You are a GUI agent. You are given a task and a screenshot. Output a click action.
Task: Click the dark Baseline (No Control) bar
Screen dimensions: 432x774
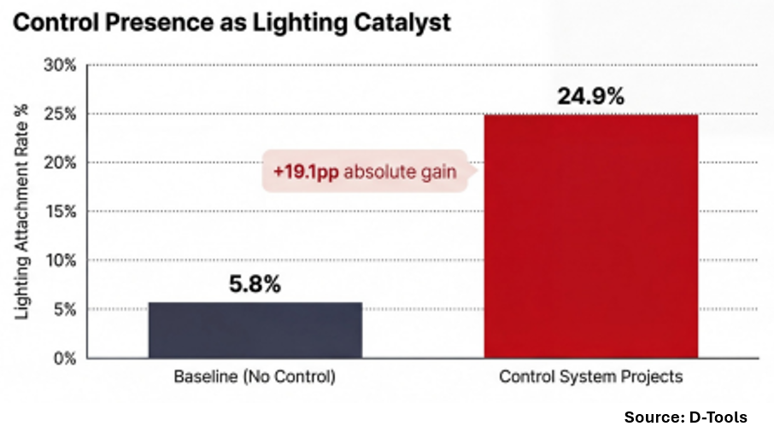tap(255, 330)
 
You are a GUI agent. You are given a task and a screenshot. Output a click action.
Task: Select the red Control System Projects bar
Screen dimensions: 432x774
tap(591, 236)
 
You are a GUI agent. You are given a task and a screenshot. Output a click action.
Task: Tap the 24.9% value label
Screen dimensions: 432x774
tap(591, 96)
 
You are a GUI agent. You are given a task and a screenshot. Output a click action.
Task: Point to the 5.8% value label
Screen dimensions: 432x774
tap(255, 284)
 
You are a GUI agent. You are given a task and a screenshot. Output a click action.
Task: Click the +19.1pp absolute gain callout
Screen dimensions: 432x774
tap(365, 172)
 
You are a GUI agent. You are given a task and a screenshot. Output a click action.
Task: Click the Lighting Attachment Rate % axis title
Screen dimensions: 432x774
tap(23, 212)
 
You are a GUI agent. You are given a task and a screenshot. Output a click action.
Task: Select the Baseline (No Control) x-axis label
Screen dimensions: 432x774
tap(255, 377)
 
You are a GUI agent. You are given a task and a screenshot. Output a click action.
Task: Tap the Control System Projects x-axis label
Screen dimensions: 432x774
tap(591, 377)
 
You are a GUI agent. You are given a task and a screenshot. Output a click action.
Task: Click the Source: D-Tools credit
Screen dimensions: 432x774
tap(685, 417)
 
